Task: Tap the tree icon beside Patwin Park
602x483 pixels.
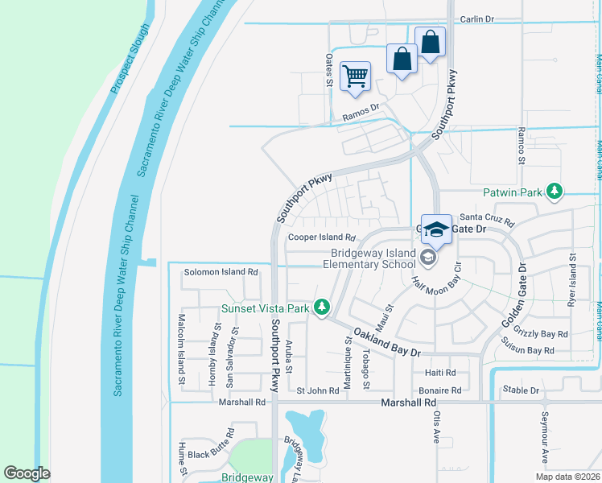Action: tap(554, 191)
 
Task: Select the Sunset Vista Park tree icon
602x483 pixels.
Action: tap(322, 308)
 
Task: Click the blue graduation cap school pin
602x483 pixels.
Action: tap(435, 229)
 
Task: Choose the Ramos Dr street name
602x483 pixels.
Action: tap(360, 112)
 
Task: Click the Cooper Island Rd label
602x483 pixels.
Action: tap(322, 237)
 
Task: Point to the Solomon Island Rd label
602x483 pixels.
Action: tap(221, 272)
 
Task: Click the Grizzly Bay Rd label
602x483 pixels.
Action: tap(545, 334)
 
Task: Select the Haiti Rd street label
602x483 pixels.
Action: tap(439, 373)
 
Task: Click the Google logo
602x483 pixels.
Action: tap(27, 473)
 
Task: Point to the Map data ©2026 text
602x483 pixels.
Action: tap(567, 477)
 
